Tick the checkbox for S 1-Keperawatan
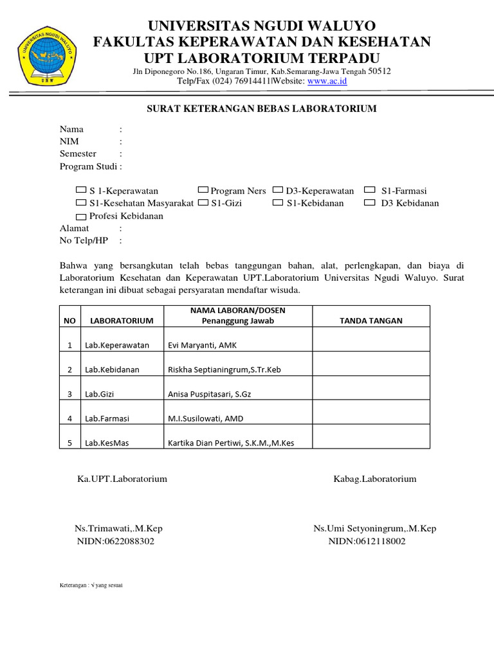81,190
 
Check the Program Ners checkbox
203,190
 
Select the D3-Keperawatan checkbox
278,190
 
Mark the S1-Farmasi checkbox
369,190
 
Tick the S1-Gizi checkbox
203,203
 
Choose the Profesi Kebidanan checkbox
81,217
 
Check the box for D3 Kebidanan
369,203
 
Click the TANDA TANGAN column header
370,321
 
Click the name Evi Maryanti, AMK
202,345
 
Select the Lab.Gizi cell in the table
100,394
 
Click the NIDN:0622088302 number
116,541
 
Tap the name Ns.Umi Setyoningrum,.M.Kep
374,528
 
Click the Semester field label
78,154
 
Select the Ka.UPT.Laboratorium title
122,479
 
